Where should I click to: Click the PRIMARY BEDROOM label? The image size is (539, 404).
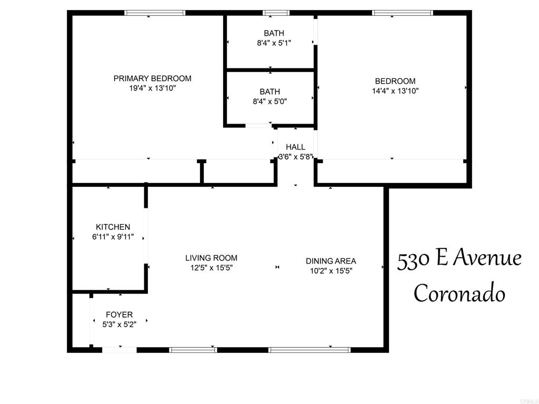click(152, 78)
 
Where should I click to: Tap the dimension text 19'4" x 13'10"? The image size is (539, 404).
click(152, 88)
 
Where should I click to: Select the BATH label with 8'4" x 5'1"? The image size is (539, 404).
click(274, 33)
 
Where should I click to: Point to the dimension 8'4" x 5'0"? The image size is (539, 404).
click(270, 102)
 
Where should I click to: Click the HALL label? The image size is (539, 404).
click(296, 147)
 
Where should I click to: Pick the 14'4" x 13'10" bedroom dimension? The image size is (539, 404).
click(395, 90)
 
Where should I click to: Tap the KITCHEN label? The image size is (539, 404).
click(113, 227)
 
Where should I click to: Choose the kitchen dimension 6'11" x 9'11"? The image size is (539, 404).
click(113, 237)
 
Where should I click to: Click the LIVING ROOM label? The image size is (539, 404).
click(212, 258)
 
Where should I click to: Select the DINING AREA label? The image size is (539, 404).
click(331, 261)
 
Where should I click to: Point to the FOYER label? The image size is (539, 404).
click(119, 315)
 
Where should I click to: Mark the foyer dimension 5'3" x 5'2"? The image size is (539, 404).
click(119, 324)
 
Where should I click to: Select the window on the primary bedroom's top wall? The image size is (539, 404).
click(155, 13)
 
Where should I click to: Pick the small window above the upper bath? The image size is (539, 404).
click(276, 13)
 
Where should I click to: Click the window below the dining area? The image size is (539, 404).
click(310, 350)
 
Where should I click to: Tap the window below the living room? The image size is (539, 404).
click(193, 350)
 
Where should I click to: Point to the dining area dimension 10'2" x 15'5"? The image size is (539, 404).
click(331, 271)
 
